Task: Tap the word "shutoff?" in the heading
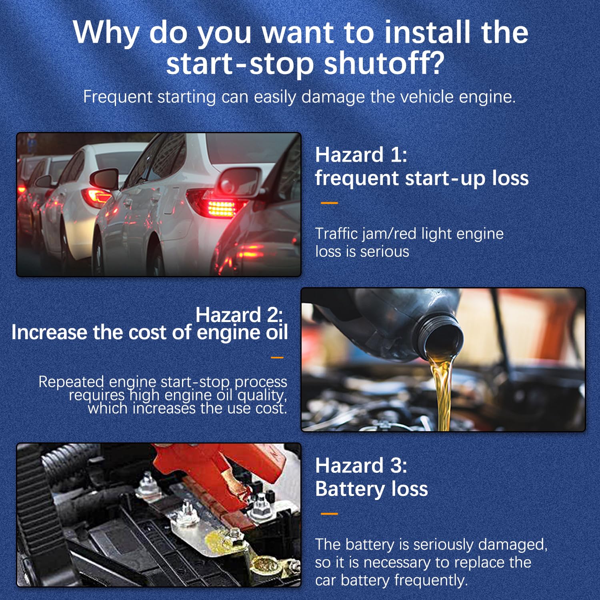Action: [384, 64]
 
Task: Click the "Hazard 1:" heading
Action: [361, 155]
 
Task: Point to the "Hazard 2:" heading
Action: [239, 315]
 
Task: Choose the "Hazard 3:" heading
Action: [361, 466]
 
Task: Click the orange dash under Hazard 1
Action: [329, 203]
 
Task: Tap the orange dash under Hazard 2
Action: [277, 358]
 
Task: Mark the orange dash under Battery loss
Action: [329, 514]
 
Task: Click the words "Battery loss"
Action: [371, 489]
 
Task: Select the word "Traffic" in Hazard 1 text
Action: [336, 234]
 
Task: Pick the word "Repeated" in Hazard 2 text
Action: [71, 382]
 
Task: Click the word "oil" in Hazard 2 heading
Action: [276, 332]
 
